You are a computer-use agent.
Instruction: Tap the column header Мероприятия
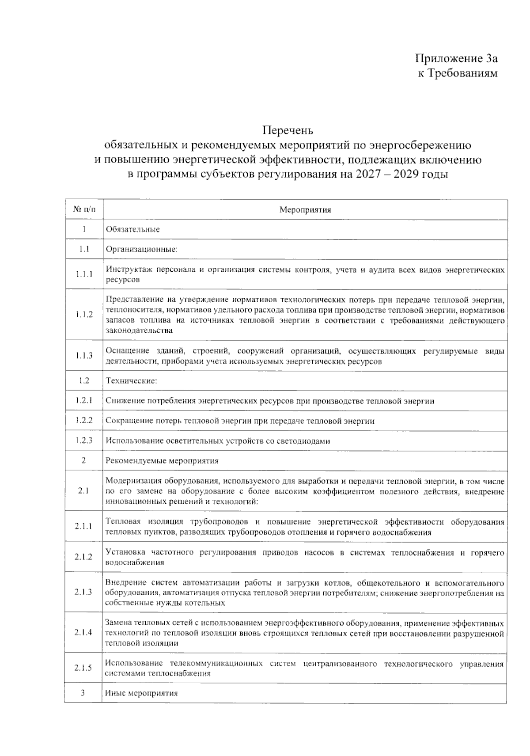tap(305, 210)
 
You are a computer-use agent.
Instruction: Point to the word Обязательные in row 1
tap(132, 229)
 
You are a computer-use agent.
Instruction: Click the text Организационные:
tap(141, 249)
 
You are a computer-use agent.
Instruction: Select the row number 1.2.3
tap(83, 440)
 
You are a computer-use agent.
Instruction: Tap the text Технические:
tap(131, 381)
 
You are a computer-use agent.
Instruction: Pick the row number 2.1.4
tap(83, 632)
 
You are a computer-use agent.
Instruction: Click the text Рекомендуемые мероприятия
tap(162, 461)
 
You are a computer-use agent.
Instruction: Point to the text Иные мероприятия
tap(141, 693)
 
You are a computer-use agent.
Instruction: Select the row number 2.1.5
tap(83, 667)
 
